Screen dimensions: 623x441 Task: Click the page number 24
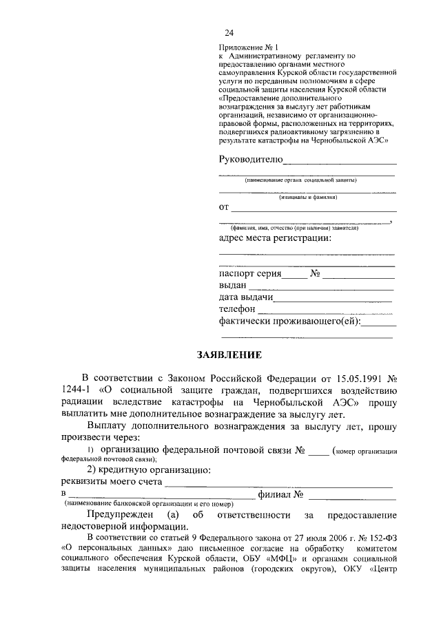(x=229, y=33)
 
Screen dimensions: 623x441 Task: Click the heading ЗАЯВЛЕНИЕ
(x=228, y=356)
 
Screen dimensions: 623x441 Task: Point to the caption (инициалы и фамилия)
(x=308, y=197)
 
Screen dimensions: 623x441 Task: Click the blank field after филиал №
(x=351, y=497)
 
